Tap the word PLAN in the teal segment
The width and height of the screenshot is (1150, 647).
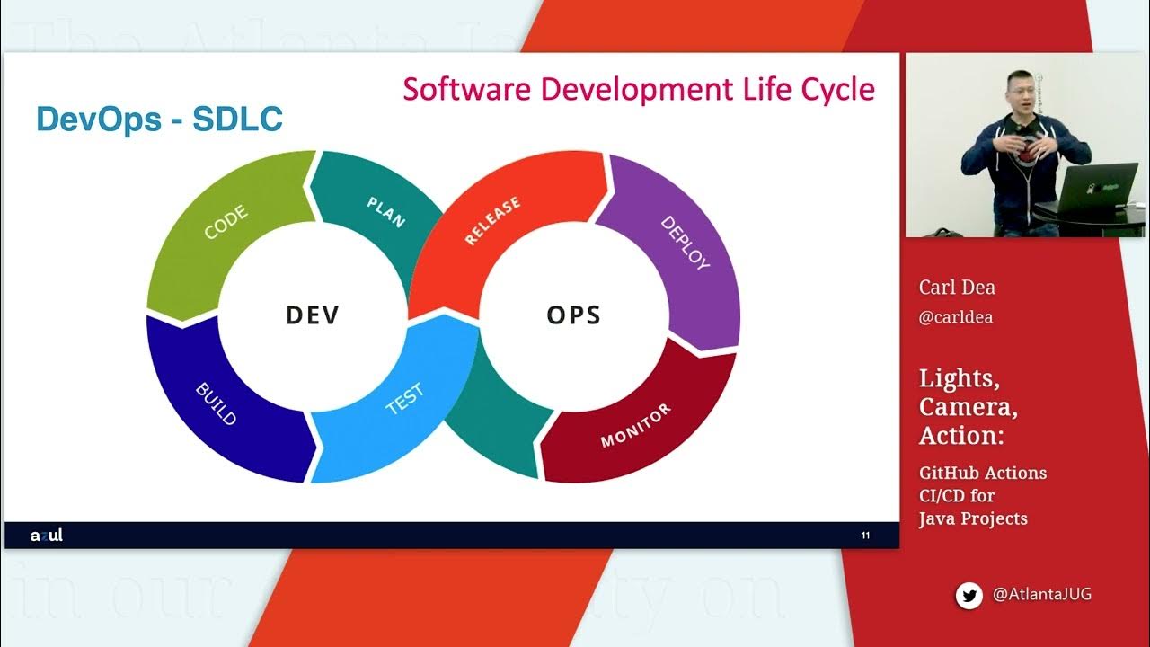coord(386,212)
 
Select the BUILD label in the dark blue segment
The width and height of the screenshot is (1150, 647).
coord(217,404)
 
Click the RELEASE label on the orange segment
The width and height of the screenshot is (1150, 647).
coord(492,222)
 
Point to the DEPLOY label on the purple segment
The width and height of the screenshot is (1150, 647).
coord(685,243)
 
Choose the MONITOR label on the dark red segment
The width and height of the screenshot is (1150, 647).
coord(635,426)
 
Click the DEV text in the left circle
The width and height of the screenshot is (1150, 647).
coord(313,315)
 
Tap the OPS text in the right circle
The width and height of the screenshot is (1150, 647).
coord(573,315)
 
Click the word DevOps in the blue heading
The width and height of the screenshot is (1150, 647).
coord(96,120)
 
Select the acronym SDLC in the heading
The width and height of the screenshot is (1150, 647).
coord(238,120)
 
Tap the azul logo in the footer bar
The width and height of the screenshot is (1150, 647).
coord(47,536)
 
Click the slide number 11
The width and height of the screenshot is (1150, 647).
coord(865,536)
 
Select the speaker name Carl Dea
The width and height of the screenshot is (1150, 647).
coord(957,288)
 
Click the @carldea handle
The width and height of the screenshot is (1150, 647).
coord(956,317)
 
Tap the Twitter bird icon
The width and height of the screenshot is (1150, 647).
coord(969,595)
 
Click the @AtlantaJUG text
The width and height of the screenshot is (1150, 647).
coord(1042,595)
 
